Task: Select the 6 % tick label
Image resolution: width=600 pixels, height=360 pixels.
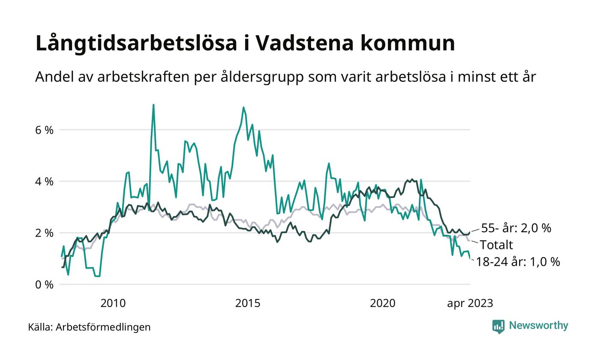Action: coord(45,130)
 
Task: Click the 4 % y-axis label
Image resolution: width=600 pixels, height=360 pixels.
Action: coord(45,181)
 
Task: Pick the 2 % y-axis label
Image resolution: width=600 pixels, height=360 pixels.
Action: coord(45,233)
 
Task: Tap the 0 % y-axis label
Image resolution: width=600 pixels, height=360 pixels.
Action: coord(45,285)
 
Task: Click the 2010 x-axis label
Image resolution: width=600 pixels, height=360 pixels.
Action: coord(113,303)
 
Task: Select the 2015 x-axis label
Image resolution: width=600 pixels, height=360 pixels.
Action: coord(248,303)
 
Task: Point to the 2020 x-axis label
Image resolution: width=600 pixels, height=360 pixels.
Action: coord(383,303)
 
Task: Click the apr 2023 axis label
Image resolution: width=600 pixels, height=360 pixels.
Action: coord(470,303)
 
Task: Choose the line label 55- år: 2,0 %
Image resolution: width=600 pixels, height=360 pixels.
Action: coord(516,228)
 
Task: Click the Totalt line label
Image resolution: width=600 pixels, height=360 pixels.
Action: coord(496,245)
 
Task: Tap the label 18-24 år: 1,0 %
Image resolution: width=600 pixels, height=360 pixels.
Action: coord(518,262)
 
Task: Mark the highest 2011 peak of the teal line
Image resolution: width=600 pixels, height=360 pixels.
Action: coord(153,105)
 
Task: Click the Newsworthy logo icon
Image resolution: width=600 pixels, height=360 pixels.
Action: coord(498,327)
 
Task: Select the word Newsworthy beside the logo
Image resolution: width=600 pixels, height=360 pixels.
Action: coord(538,326)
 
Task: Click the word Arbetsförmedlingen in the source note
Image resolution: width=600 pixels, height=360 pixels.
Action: coord(103,327)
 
